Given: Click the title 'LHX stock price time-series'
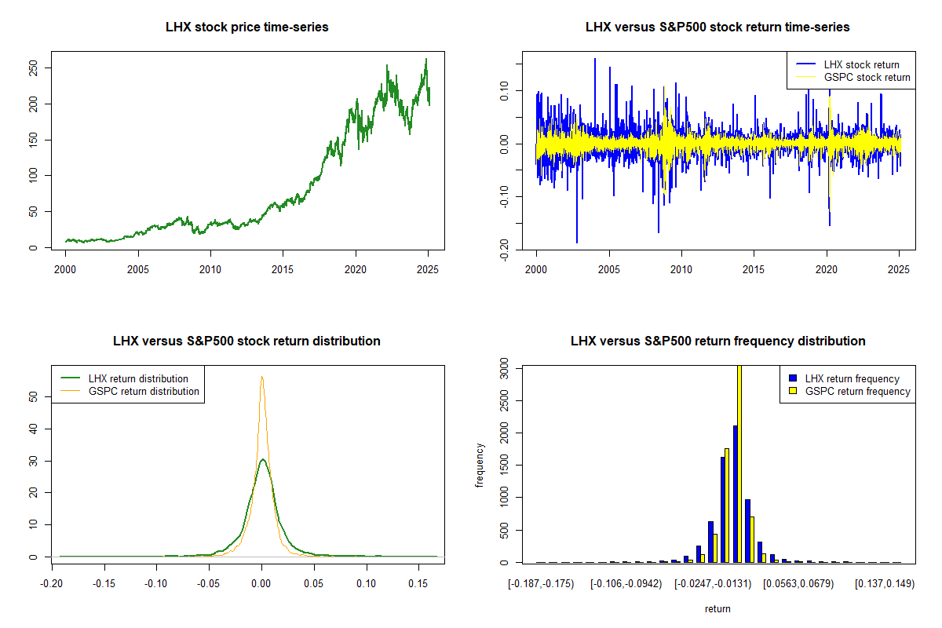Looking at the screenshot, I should pyautogui.click(x=247, y=27).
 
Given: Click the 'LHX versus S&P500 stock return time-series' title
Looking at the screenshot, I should pyautogui.click(x=717, y=27).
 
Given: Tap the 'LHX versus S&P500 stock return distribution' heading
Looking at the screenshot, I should pyautogui.click(x=247, y=341).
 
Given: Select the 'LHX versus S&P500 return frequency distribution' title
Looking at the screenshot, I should pyautogui.click(x=717, y=341).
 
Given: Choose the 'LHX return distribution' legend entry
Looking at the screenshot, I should pyautogui.click(x=138, y=379).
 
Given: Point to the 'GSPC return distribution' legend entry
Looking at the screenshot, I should pyautogui.click(x=144, y=391).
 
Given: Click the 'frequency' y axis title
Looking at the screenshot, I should pyautogui.click(x=480, y=465).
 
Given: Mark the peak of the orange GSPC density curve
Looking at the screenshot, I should pyautogui.click(x=261, y=377).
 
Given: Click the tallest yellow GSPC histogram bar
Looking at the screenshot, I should pyautogui.click(x=739, y=463).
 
